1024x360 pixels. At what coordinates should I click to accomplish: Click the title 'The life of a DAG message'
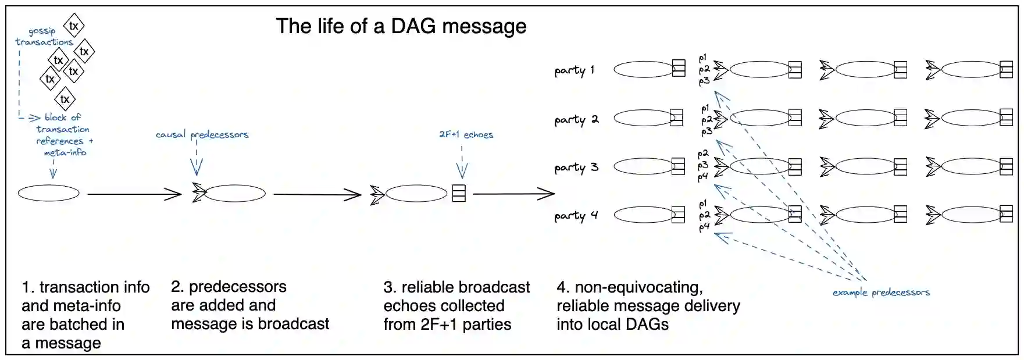pos(401,26)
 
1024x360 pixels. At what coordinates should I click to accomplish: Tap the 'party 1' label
pos(574,70)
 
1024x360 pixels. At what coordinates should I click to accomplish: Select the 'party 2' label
pos(576,120)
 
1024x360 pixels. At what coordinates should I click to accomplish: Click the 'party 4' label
pos(576,216)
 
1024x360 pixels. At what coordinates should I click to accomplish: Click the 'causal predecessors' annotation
pos(202,134)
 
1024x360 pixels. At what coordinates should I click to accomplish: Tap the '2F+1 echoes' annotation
pos(466,134)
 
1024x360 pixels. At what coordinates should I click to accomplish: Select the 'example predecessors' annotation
pos(880,292)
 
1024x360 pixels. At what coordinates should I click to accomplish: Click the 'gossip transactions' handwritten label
pos(44,37)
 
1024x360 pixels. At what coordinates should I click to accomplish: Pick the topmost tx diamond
pos(74,26)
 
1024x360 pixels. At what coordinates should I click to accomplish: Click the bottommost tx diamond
pos(65,99)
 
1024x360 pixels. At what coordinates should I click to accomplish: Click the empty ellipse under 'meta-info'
pos(48,193)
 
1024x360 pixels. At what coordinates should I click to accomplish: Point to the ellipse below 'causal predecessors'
pos(234,194)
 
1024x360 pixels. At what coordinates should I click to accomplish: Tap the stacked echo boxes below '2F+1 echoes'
pos(459,193)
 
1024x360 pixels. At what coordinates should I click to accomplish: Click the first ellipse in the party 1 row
pos(643,70)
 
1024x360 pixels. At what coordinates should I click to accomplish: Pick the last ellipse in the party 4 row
pos(971,215)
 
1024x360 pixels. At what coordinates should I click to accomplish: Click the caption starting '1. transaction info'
pos(85,315)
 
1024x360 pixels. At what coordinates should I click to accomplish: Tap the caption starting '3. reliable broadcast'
pos(456,305)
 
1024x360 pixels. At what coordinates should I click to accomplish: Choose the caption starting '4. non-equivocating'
pos(648,305)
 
